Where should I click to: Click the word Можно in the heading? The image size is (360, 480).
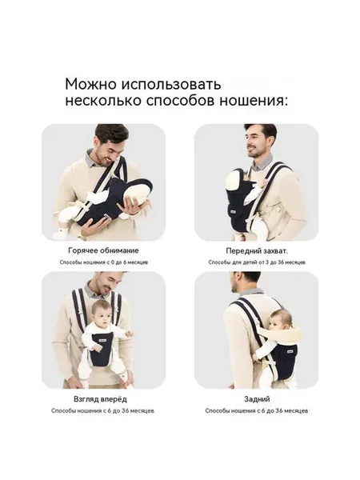(91, 84)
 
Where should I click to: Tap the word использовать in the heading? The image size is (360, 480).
(171, 84)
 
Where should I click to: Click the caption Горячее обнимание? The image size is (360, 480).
(103, 250)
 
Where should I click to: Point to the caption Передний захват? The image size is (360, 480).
(257, 251)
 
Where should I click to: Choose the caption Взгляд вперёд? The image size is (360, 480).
(100, 399)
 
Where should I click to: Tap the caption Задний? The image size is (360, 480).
(257, 399)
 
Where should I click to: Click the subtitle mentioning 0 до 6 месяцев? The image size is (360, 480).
(104, 262)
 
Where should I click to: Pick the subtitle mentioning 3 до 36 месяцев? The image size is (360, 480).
(257, 262)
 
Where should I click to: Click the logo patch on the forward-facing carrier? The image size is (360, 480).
(101, 341)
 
